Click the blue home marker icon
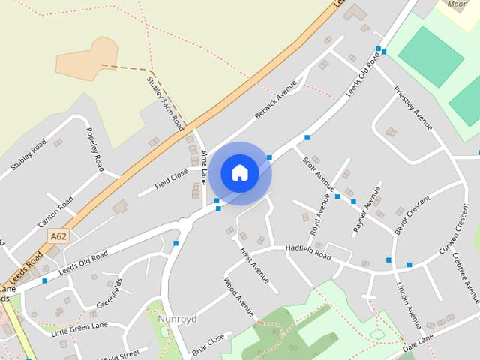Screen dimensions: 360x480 [239, 173]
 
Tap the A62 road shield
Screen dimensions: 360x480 [58, 236]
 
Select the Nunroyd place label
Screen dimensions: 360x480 [177, 319]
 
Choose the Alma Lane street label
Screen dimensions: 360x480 [204, 167]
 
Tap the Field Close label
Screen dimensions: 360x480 [171, 178]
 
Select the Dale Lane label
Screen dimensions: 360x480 [418, 343]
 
